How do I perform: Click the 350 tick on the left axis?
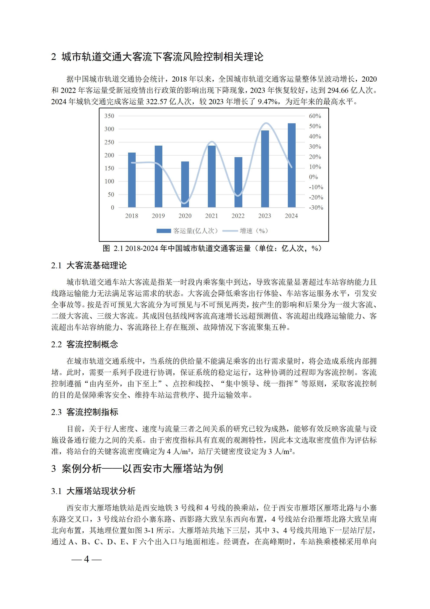point(109,116)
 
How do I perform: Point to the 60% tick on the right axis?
point(315,116)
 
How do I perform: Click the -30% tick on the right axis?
point(316,208)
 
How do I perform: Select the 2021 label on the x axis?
point(211,216)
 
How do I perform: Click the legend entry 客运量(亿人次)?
point(187,231)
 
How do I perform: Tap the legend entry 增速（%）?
point(245,231)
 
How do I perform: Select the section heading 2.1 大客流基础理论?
point(89,265)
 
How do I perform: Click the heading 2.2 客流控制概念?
point(85,344)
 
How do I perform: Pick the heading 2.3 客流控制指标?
point(85,412)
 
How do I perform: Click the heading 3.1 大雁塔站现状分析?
point(93,491)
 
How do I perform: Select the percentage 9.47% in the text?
point(268,102)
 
